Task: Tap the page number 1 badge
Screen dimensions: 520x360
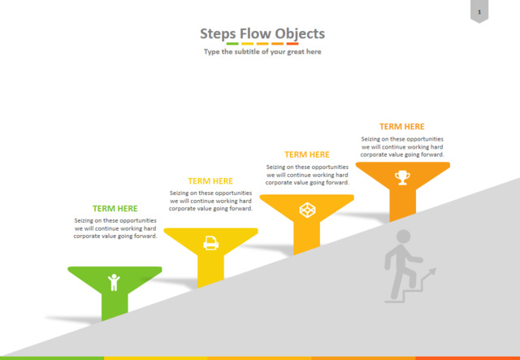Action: [479, 11]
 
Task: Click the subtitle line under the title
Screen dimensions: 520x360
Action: [262, 52]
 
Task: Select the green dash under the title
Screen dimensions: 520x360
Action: [232, 43]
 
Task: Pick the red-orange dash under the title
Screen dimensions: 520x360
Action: [292, 43]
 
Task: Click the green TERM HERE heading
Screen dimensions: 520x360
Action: [115, 208]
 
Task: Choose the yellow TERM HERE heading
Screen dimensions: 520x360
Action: [210, 181]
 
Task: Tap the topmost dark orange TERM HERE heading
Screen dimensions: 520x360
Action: [402, 127]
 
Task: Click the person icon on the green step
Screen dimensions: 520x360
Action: [114, 282]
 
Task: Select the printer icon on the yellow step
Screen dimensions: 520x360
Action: [211, 243]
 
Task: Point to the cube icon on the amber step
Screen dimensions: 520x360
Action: [307, 210]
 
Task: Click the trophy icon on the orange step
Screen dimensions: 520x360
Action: [402, 177]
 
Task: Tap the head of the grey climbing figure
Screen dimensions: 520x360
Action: [403, 236]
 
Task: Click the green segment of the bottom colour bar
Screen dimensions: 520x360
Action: [52, 358]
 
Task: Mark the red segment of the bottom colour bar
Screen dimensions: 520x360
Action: [468, 358]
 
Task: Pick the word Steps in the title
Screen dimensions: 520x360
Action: [218, 34]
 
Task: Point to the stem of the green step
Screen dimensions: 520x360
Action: [115, 306]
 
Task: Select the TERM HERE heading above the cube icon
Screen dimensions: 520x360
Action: [307, 154]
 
